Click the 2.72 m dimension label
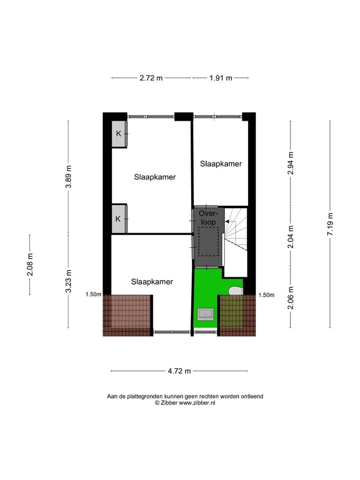click(151, 78)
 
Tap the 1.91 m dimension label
click(220, 78)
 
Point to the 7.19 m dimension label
click(330, 224)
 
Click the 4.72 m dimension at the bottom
click(179, 371)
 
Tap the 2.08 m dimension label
click(30, 264)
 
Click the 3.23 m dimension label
click(68, 281)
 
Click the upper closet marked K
click(119, 134)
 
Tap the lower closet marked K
click(119, 219)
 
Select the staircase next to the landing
click(235, 230)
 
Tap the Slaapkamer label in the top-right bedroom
click(220, 163)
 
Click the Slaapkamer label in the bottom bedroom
click(152, 281)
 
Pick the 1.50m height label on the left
click(93, 294)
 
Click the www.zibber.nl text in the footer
click(197, 402)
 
